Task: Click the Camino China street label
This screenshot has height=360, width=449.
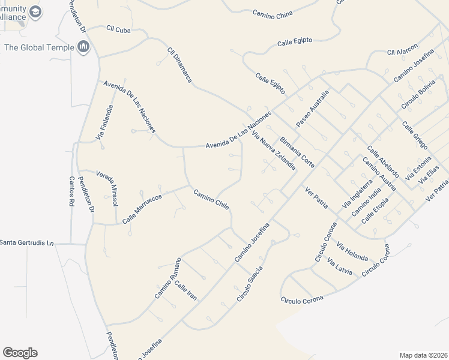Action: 272,13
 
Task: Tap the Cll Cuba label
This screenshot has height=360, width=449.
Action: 118,28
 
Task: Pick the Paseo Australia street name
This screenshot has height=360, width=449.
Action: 313,109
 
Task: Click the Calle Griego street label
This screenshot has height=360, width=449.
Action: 415,136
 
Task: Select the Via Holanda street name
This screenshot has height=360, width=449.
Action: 352,251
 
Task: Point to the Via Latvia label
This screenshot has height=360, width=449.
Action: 340,266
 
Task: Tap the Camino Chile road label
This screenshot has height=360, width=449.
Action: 211,199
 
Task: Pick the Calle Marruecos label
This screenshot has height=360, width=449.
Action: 143,207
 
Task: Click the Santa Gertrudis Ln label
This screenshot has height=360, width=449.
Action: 27,242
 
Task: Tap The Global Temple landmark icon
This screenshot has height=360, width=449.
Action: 83,47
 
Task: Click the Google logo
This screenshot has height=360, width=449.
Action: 20,353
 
